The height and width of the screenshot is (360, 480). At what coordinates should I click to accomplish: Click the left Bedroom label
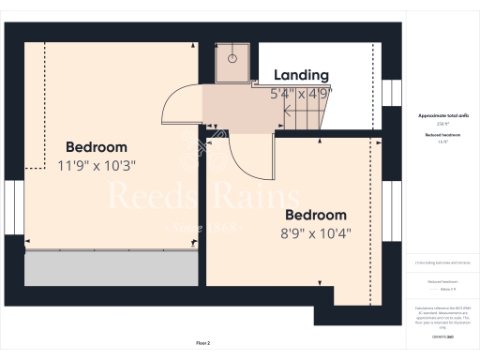97,147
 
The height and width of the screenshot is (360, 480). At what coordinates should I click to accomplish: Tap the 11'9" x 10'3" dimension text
97,166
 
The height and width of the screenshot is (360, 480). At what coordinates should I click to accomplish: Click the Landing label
301,75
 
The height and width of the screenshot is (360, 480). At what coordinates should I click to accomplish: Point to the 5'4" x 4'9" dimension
301,94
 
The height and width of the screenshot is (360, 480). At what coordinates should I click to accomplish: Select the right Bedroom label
314,215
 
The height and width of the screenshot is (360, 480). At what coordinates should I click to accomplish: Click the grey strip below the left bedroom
111,268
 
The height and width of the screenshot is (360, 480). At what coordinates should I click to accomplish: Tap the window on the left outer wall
13,204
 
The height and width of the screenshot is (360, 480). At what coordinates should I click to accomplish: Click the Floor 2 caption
202,344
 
